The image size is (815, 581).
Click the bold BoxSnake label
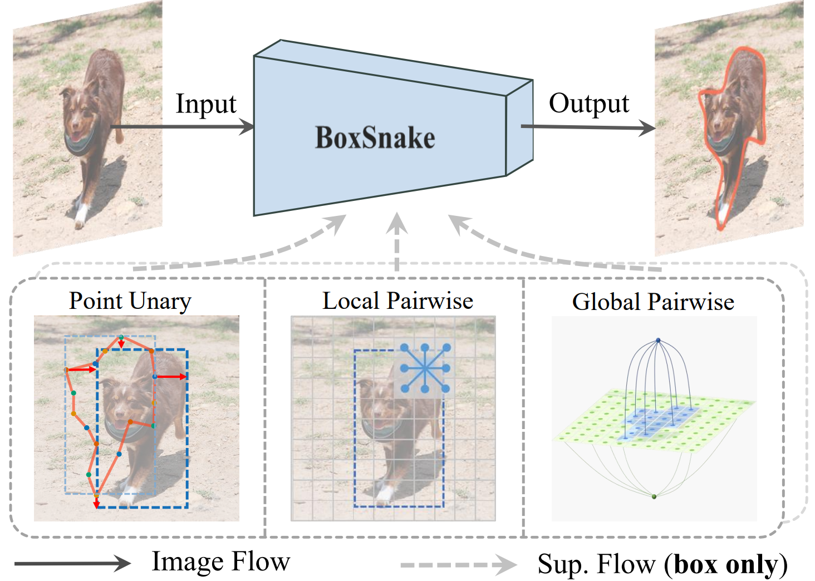click(375, 138)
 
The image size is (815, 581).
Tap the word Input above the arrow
click(206, 105)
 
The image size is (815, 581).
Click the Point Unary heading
click(130, 301)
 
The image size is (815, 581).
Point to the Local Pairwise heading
click(397, 301)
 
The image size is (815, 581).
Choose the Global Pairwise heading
click(653, 302)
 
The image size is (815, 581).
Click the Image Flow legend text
click(221, 562)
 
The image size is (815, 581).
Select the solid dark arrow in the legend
click(72, 563)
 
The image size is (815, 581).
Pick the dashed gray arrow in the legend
click(459, 565)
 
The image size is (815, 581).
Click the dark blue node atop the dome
click(658, 341)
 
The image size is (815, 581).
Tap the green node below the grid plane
click(654, 496)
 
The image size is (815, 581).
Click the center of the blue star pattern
click(425, 368)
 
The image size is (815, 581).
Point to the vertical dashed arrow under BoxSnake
click(396, 242)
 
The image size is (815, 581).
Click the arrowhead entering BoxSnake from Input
click(247, 127)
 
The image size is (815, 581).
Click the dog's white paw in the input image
click(81, 215)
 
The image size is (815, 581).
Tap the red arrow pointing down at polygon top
click(121, 343)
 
